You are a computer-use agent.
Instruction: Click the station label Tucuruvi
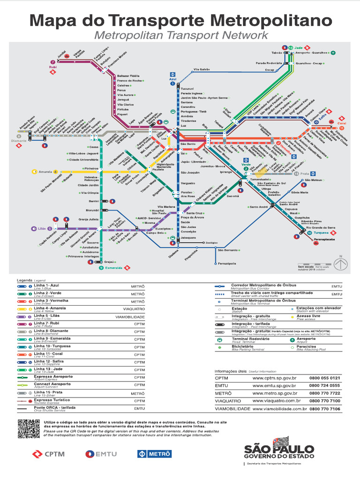[x=187, y=88]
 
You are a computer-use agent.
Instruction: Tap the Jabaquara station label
[x=188, y=238]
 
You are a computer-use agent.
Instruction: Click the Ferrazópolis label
[x=227, y=263]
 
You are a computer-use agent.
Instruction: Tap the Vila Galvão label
[x=202, y=69]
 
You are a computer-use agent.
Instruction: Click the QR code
[x=29, y=429]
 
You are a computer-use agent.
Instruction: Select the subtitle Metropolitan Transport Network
[x=181, y=36]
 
